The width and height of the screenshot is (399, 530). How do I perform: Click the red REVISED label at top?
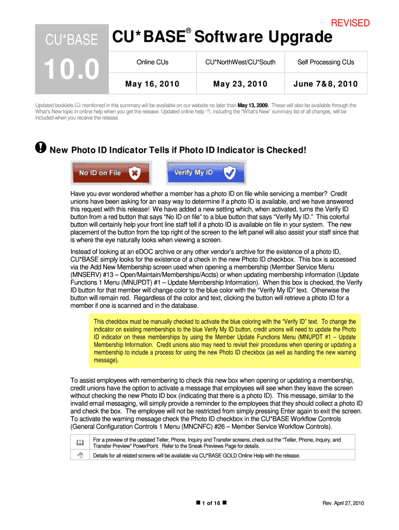click(x=350, y=23)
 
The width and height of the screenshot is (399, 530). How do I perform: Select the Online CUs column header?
click(x=152, y=62)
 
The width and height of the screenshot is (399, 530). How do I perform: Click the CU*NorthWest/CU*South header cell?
click(x=240, y=62)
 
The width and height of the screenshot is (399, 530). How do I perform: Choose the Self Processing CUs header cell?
click(x=325, y=62)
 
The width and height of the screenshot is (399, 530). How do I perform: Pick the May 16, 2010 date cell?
click(x=152, y=84)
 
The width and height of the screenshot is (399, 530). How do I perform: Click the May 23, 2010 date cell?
click(x=240, y=84)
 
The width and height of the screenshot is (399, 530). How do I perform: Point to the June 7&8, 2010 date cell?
click(x=325, y=84)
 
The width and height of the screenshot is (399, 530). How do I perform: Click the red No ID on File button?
click(x=111, y=173)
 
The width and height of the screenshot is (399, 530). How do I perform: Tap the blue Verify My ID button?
click(x=206, y=173)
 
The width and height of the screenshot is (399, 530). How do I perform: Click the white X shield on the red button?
click(x=135, y=173)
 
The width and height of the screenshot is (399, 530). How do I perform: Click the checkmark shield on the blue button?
click(x=230, y=173)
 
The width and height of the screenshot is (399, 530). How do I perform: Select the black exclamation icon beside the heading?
click(x=40, y=148)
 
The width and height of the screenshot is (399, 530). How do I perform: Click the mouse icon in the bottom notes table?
click(x=80, y=455)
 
